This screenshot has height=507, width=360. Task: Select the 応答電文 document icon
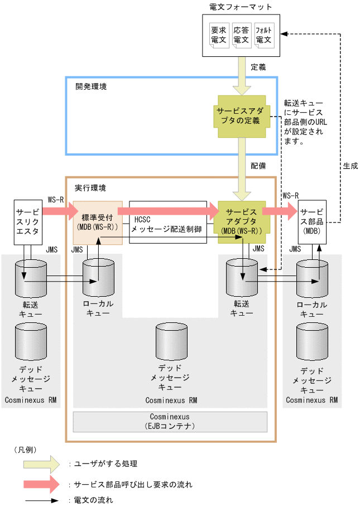click(x=241, y=35)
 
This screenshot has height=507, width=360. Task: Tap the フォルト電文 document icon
click(x=263, y=35)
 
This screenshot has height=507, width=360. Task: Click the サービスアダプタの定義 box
click(x=242, y=116)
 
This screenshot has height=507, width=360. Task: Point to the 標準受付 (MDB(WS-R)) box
click(x=98, y=222)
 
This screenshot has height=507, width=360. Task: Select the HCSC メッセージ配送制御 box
click(x=167, y=222)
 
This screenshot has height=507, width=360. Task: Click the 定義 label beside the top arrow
click(x=258, y=67)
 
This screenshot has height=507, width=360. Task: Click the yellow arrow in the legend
click(x=40, y=463)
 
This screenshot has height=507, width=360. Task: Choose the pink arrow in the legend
click(x=40, y=484)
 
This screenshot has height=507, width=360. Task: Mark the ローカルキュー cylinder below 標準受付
click(x=98, y=277)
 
